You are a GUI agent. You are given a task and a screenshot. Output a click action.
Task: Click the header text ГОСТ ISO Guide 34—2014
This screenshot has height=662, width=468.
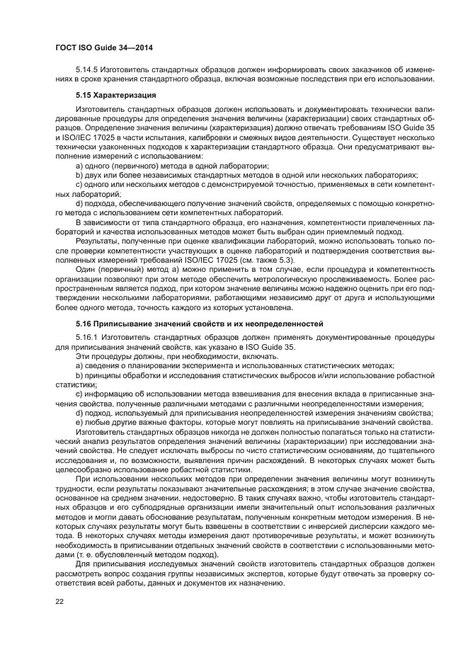(x=104, y=47)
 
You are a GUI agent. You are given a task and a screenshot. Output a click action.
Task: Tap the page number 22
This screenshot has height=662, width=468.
(x=59, y=602)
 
